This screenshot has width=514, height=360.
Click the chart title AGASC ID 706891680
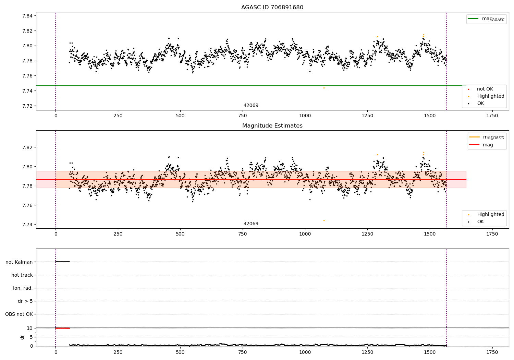coord(272,8)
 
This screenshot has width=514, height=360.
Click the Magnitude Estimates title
coord(272,126)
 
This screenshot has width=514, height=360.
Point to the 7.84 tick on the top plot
coord(27,16)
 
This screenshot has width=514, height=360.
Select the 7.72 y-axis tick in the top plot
coord(27,106)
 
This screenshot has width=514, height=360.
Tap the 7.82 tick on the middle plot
coord(27,147)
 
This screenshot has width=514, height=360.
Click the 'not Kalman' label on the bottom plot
coord(19,262)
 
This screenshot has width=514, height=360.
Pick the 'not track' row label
coord(22,275)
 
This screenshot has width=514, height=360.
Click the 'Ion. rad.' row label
coord(23,288)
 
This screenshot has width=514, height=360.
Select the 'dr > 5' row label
coord(25,301)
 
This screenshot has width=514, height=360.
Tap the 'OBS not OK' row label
coord(19,314)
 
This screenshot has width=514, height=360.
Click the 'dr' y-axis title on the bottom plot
coord(22,337)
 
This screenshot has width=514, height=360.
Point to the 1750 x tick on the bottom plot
coord(492,352)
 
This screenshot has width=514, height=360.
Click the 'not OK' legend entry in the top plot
coord(485,89)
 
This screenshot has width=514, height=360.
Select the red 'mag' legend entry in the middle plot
coord(488,145)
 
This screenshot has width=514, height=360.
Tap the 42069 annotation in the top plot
coord(251,106)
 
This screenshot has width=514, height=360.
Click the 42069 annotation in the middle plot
coord(251,224)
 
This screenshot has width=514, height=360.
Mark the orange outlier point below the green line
coord(324,88)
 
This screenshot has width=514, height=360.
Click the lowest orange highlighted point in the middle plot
coord(324,220)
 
